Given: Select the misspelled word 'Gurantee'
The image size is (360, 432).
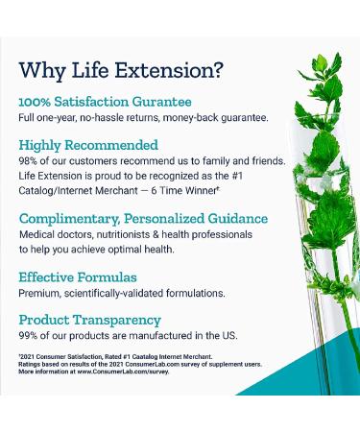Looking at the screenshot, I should [162, 101].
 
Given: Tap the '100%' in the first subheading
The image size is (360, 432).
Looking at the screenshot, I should [36, 101].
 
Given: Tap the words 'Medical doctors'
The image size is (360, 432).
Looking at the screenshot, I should [52, 234].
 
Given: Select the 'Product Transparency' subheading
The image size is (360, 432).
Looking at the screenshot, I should [88, 320].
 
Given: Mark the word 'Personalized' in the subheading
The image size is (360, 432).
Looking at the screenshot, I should [179, 218].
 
